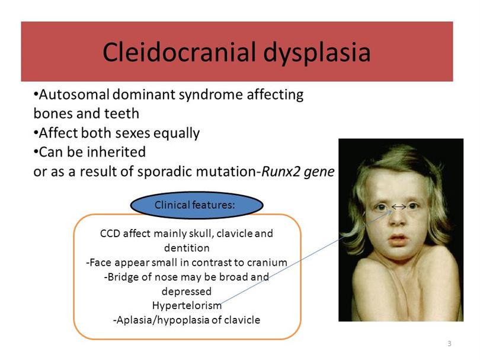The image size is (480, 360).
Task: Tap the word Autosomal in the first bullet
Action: pyautogui.click(x=74, y=94)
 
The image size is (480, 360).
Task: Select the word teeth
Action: pyautogui.click(x=122, y=113)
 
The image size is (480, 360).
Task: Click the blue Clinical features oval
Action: pyautogui.click(x=197, y=205)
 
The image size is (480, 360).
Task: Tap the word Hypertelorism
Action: pyautogui.click(x=187, y=305)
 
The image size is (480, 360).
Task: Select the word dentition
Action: pyautogui.click(x=187, y=247)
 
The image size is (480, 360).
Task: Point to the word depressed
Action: pyautogui.click(x=187, y=291)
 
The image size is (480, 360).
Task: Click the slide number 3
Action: pyautogui.click(x=449, y=343)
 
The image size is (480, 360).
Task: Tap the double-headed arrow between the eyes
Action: pyautogui.click(x=399, y=207)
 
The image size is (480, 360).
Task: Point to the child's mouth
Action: pyautogui.click(x=398, y=239)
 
